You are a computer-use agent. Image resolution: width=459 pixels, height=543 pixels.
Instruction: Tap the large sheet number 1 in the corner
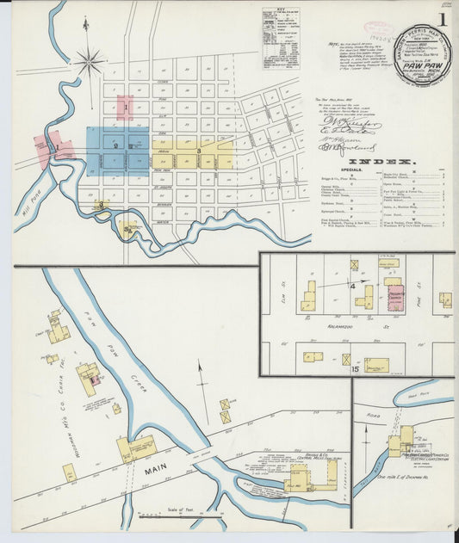pos(443,19)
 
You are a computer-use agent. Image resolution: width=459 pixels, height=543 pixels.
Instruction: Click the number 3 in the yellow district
pos(199,151)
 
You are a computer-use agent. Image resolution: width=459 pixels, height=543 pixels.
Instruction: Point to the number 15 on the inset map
pos(354,368)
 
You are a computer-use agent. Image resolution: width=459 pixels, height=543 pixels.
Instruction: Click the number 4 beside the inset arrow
pos(352,285)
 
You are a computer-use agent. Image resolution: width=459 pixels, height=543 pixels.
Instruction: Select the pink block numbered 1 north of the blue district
pos(125,108)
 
